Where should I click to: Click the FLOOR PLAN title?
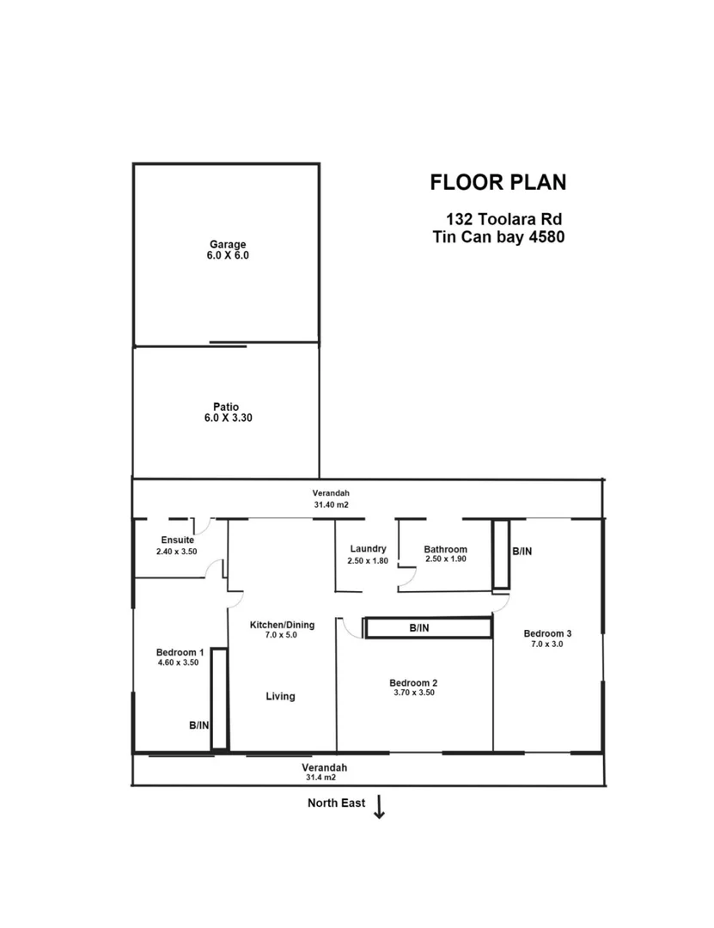(497, 182)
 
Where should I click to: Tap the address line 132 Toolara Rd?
(503, 219)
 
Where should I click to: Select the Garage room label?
(228, 244)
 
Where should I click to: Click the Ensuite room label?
(177, 540)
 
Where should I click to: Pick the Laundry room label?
(368, 549)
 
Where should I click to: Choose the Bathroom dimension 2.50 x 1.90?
(445, 559)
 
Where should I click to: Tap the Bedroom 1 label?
(180, 651)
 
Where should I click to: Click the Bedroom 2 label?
(412, 683)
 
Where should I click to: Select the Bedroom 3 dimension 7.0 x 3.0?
(547, 644)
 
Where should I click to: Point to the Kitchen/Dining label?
(282, 625)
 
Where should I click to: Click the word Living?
(280, 696)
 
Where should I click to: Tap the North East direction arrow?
(379, 807)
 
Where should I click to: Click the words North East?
(337, 803)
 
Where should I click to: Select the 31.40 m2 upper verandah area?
(331, 505)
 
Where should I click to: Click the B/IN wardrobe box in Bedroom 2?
(428, 627)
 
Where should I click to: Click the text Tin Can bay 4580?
(498, 237)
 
